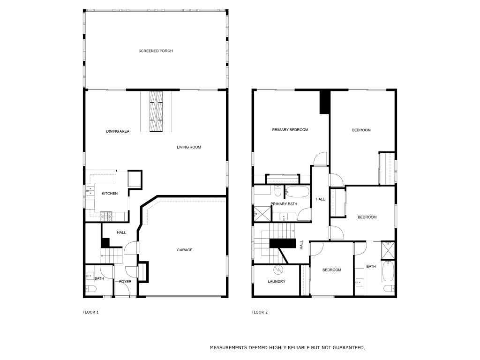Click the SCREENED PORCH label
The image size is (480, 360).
(156, 51)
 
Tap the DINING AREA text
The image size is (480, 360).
(118, 131)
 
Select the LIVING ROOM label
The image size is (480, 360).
(189, 147)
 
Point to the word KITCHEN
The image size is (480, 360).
(110, 194)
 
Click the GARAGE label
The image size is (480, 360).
(185, 250)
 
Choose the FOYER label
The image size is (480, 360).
(125, 282)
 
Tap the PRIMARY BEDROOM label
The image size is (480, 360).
(290, 130)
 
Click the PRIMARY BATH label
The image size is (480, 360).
(284, 204)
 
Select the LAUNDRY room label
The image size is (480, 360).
(277, 281)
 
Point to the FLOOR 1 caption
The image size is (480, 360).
(90, 312)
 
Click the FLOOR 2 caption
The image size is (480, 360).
(260, 312)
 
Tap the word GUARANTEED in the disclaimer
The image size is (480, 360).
(349, 348)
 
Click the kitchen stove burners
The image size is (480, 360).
(106, 216)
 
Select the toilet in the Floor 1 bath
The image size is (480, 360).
(91, 289)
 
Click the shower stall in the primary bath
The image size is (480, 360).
(262, 214)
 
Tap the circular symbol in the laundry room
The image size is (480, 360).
(278, 270)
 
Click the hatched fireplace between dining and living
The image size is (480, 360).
(156, 111)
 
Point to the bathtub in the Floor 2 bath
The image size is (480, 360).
(388, 271)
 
